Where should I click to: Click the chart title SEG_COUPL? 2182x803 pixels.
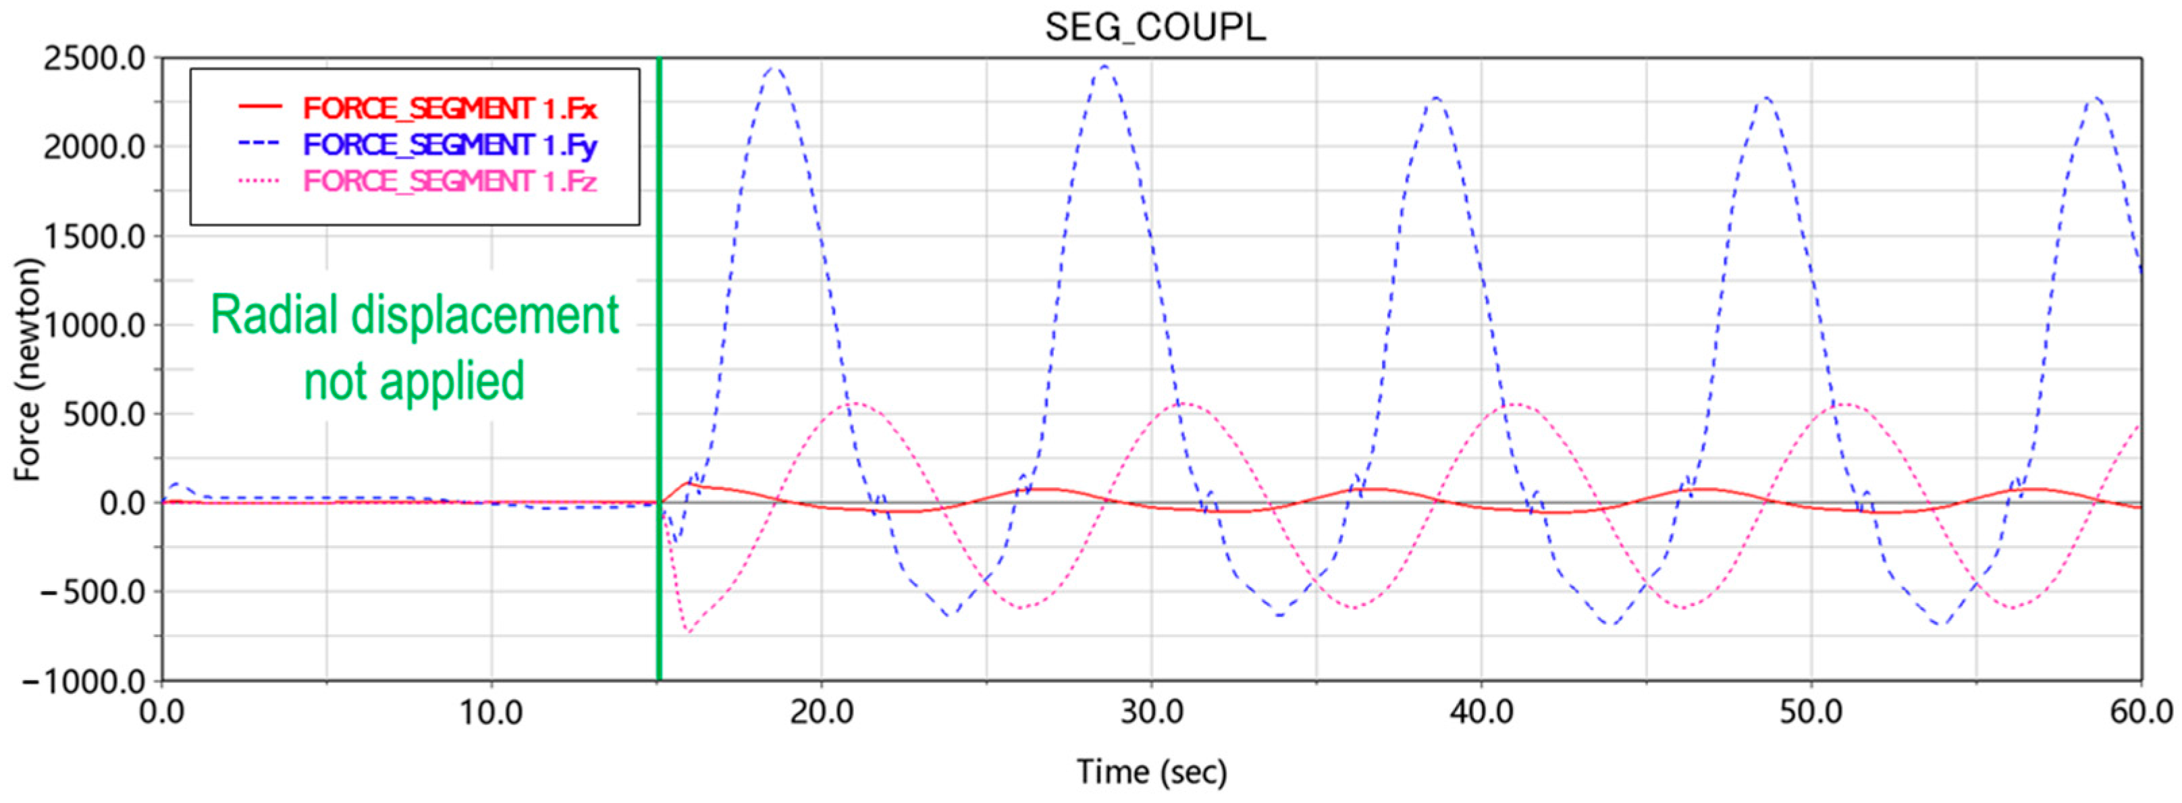pyautogui.click(x=1154, y=27)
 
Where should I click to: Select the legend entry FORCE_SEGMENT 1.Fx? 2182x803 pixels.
pyautogui.click(x=450, y=109)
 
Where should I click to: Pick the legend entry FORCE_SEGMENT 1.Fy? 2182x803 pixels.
pyautogui.click(x=450, y=145)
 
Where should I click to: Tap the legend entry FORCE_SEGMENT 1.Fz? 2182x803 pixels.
pyautogui.click(x=450, y=182)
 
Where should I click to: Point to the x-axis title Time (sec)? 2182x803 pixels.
pyautogui.click(x=1151, y=772)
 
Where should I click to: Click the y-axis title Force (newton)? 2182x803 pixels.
pyautogui.click(x=28, y=370)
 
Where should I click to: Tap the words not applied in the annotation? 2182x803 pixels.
pyautogui.click(x=415, y=381)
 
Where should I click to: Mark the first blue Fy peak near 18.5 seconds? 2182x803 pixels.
pyautogui.click(x=774, y=67)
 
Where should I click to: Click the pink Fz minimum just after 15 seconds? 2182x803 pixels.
pyautogui.click(x=689, y=632)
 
